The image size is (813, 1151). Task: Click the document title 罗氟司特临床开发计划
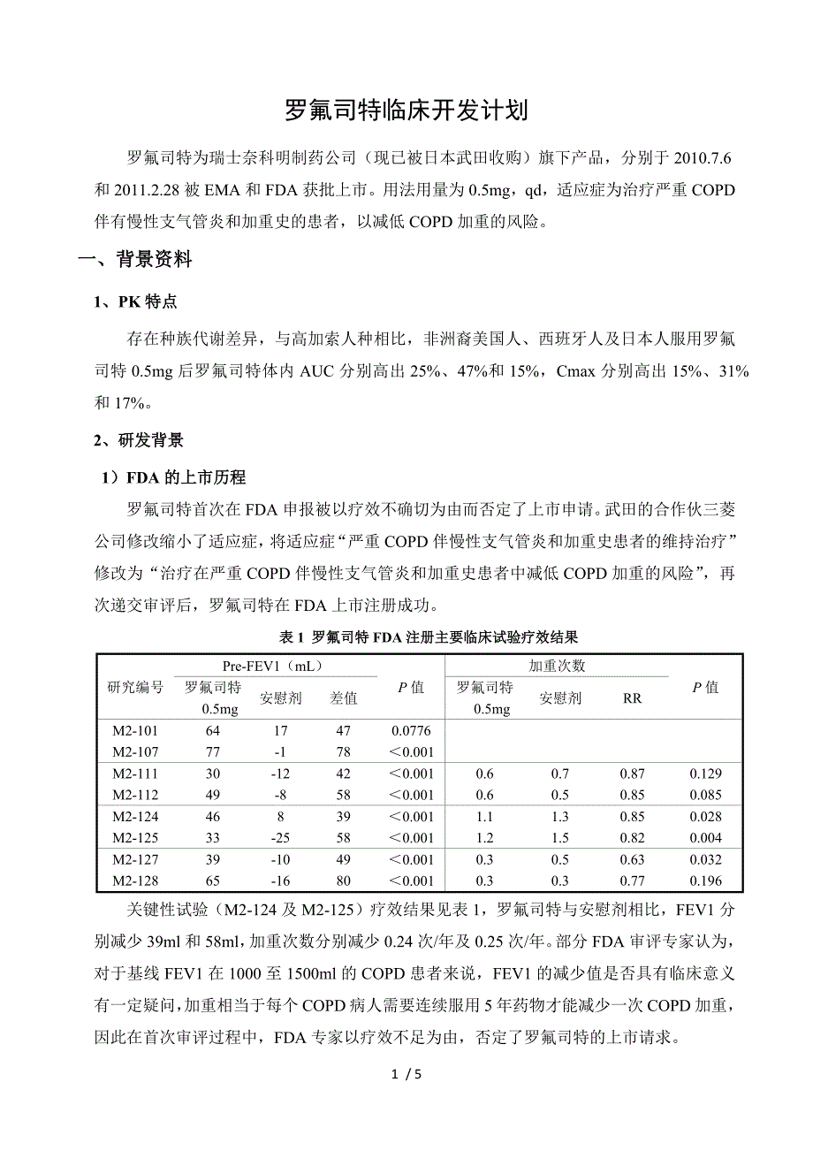[406, 111]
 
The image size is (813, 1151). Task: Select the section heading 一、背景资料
[134, 260]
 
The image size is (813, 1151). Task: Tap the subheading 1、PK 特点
[136, 302]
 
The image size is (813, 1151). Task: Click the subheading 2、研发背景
[140, 440]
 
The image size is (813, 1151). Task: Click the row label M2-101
[135, 731]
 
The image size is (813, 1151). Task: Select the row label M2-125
[135, 838]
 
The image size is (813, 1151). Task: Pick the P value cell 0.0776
[411, 731]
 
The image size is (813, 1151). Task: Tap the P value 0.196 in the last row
[705, 880]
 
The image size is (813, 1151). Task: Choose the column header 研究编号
[135, 687]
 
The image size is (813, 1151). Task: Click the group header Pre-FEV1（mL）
[272, 666]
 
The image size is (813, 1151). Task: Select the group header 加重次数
[557, 666]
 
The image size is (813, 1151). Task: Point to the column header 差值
[343, 698]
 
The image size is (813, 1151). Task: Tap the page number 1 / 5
[406, 1075]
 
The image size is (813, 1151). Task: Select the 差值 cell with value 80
[343, 880]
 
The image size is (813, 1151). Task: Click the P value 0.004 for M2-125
[705, 838]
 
